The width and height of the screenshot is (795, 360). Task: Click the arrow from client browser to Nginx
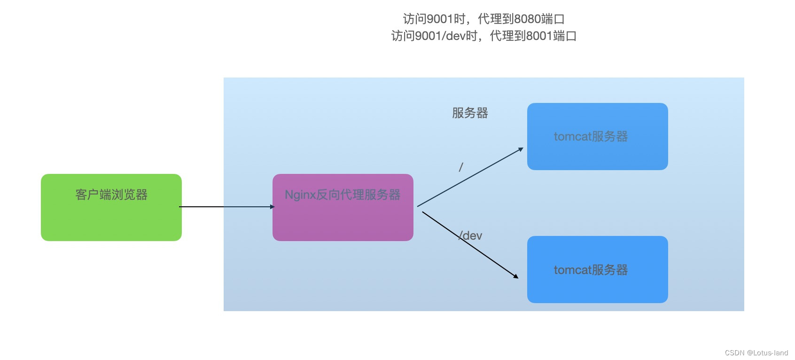pyautogui.click(x=226, y=207)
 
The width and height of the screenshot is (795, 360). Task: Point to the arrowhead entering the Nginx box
pyautogui.click(x=272, y=207)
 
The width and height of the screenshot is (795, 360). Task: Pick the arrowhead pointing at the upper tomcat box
pyautogui.click(x=521, y=149)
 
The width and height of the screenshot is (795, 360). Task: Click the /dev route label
pyautogui.click(x=471, y=235)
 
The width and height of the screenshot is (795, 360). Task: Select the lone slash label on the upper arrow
pyautogui.click(x=461, y=167)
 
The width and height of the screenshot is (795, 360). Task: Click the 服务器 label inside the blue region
pyautogui.click(x=470, y=113)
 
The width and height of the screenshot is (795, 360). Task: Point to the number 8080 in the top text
pyautogui.click(x=527, y=19)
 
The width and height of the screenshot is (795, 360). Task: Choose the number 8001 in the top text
pyautogui.click(x=539, y=36)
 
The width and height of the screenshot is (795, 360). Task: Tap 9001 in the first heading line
pyautogui.click(x=439, y=19)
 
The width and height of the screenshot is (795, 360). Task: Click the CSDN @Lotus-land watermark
pyautogui.click(x=756, y=352)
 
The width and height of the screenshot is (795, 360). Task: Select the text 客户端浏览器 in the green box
pyautogui.click(x=111, y=195)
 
